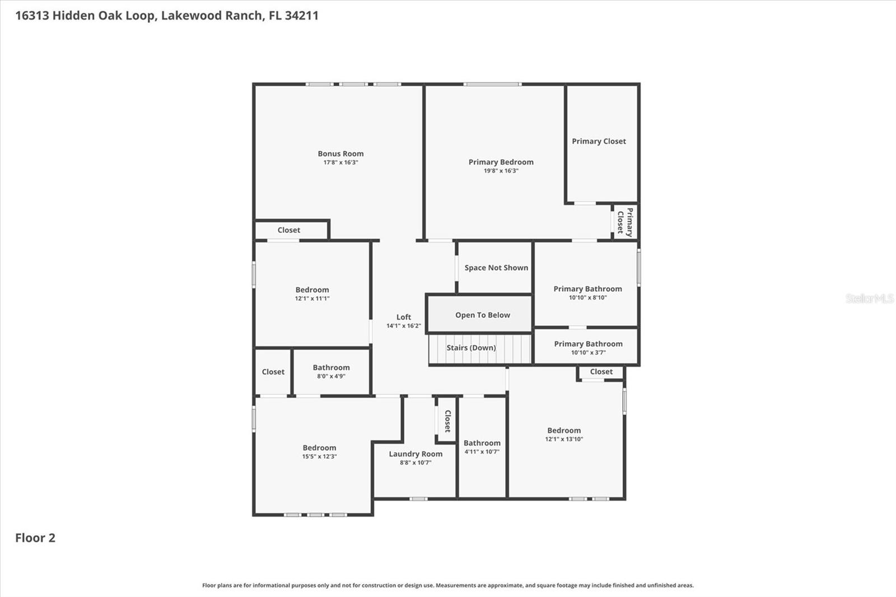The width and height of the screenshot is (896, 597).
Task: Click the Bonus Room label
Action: click(340, 153)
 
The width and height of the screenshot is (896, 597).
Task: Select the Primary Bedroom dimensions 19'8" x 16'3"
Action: click(501, 171)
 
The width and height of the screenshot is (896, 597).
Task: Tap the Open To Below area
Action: click(482, 315)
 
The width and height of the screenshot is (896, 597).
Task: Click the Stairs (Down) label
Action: click(471, 348)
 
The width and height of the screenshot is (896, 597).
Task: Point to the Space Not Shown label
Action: click(496, 268)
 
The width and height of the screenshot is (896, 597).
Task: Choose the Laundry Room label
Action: click(416, 454)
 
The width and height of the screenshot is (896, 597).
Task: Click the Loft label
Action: click(403, 317)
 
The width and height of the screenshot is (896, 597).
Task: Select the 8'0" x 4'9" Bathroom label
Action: click(331, 368)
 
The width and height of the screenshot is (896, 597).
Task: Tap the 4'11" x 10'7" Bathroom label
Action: click(482, 443)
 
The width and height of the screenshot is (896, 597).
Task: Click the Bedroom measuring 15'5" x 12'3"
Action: click(319, 448)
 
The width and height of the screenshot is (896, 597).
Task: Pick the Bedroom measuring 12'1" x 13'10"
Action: click(564, 431)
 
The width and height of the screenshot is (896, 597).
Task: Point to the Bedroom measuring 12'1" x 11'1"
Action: click(312, 290)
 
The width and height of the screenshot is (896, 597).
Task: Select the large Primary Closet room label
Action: click(599, 141)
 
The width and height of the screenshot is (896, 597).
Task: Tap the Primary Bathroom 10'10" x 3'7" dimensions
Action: click(588, 352)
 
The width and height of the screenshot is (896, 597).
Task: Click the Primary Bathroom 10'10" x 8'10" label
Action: click(587, 289)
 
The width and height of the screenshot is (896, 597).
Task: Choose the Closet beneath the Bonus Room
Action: click(288, 230)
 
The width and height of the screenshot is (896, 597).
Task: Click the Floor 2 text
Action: click(35, 538)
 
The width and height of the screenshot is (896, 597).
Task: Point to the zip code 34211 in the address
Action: click(301, 15)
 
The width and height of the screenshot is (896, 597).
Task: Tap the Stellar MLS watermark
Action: click(869, 298)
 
